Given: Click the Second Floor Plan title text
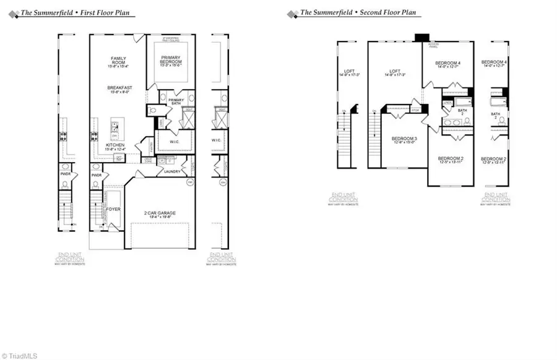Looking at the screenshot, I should [358, 13].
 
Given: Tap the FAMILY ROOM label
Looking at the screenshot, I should [118, 61].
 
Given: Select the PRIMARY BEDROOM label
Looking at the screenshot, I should [169, 59].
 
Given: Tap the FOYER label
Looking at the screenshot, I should [113, 209].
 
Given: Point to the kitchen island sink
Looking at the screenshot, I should [115, 127].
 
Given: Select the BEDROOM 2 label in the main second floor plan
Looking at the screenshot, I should [451, 159].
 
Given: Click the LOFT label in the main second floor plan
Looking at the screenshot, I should [395, 72].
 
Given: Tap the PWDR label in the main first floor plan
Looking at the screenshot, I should [96, 176].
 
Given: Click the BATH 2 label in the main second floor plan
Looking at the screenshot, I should [462, 112].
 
